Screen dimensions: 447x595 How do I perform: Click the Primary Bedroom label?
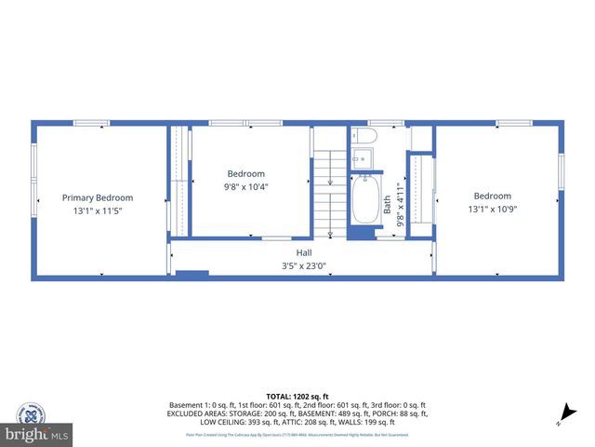pyautogui.click(x=98, y=197)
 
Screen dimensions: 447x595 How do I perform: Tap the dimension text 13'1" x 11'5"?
pyautogui.click(x=98, y=211)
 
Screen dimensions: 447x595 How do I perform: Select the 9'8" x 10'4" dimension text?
pyautogui.click(x=246, y=186)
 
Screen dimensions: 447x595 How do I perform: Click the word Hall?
pyautogui.click(x=304, y=252)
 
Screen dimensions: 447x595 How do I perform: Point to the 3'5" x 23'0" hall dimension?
pyautogui.click(x=304, y=265)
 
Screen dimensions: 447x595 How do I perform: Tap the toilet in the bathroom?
pyautogui.click(x=364, y=137)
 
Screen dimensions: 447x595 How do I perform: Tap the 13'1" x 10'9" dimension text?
pyautogui.click(x=493, y=210)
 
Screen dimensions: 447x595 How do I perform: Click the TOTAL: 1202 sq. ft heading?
pyautogui.click(x=297, y=396)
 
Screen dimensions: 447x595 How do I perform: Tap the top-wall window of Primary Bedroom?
pyautogui.click(x=91, y=122)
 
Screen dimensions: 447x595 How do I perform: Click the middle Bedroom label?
pyautogui.click(x=246, y=173)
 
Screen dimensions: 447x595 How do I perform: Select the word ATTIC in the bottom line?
pyautogui.click(x=321, y=421)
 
